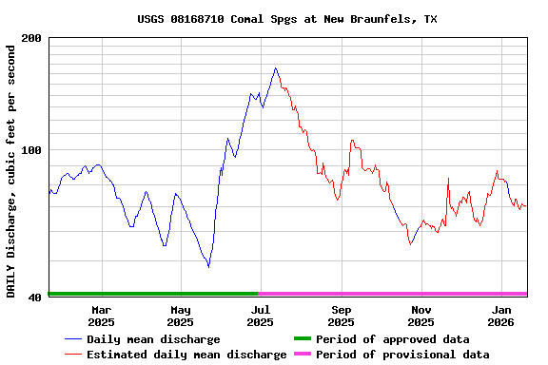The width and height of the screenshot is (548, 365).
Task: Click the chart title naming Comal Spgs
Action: point(286,19)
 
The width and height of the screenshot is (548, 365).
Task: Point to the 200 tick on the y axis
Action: point(31,38)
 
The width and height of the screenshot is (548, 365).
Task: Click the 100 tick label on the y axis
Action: point(31,150)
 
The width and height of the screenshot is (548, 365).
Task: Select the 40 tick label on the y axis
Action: point(35,298)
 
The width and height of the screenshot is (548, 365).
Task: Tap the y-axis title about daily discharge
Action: point(11,167)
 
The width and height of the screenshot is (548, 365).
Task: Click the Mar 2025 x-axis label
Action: point(102,316)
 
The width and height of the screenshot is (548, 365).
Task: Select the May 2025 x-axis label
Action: point(181,316)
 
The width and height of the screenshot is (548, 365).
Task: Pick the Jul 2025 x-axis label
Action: point(260,316)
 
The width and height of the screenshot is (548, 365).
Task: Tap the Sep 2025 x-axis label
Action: point(341,316)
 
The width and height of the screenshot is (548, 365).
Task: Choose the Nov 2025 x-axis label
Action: point(421,316)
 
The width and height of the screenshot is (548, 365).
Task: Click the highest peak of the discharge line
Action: point(276,68)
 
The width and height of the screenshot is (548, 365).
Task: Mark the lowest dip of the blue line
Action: point(208,266)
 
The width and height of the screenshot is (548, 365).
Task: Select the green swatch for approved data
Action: point(302,339)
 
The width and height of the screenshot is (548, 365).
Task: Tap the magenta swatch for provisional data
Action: point(302,355)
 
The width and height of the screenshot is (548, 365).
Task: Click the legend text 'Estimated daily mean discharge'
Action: point(186,355)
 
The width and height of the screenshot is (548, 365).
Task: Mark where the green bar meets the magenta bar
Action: point(259,294)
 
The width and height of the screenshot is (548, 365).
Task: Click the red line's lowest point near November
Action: point(410,244)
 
